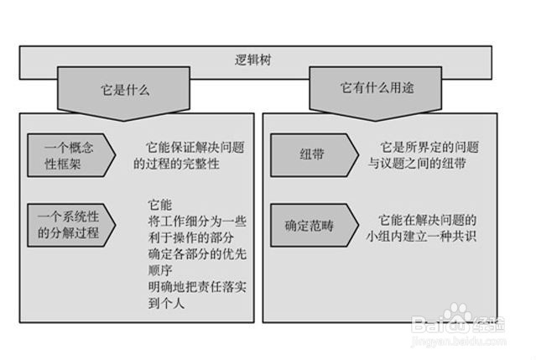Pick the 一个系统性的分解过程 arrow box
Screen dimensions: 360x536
click(x=70, y=224)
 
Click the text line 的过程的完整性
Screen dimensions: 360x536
click(x=176, y=164)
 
